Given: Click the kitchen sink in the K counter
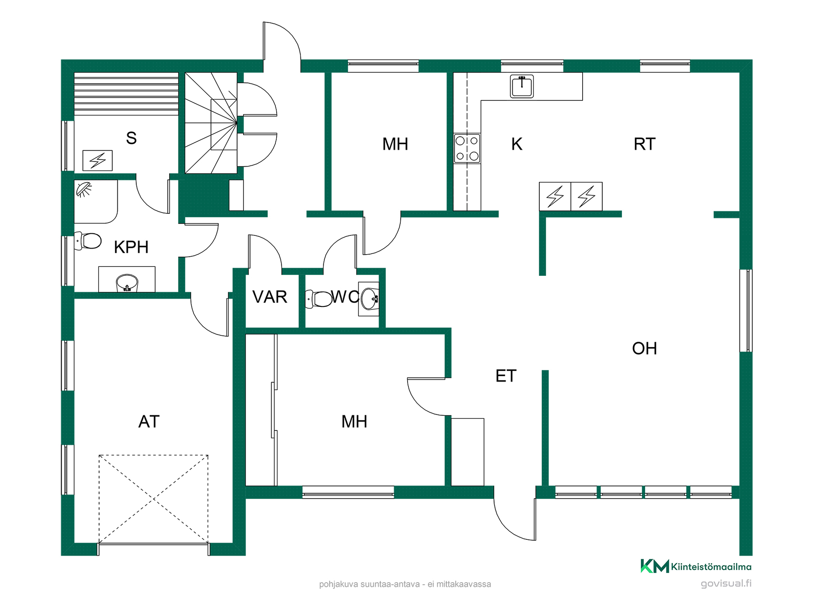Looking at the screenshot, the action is click(521, 86).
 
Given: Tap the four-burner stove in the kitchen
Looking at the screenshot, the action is click(467, 148).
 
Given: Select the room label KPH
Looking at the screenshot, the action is click(131, 247).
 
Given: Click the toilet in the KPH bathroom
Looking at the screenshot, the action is click(88, 241).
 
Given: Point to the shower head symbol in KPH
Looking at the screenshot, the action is click(84, 189).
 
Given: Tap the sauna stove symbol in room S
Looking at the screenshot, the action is click(97, 160).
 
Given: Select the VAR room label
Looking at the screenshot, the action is click(270, 297).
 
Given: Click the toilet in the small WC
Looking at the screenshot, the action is click(319, 299).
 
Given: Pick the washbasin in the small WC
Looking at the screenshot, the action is click(369, 299).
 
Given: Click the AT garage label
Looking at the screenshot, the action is click(149, 422).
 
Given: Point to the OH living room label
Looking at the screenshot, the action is click(644, 348).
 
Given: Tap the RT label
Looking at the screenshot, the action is click(644, 144).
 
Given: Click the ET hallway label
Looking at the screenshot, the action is click(506, 376).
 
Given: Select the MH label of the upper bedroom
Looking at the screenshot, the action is click(395, 144).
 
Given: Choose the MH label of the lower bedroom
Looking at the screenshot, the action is click(354, 422).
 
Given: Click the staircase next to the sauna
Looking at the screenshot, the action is click(211, 123).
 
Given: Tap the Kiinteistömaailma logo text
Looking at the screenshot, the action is click(711, 567).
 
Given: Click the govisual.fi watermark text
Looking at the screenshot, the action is click(726, 584).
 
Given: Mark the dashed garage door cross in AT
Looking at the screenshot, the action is click(153, 499).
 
